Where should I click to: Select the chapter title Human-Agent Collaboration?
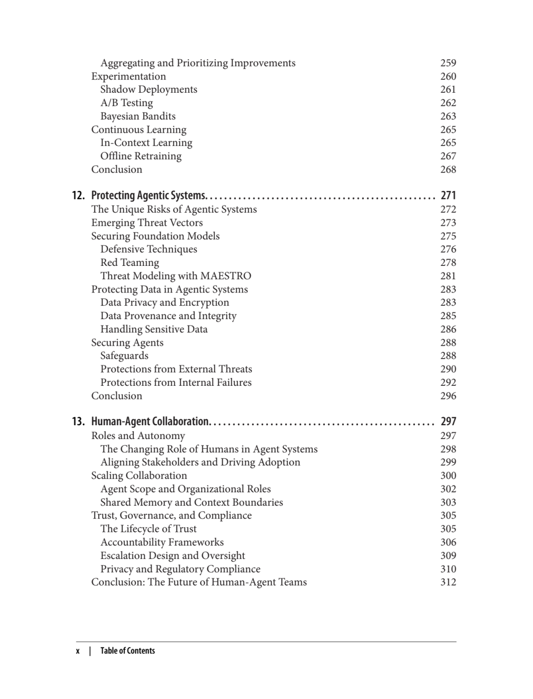point(151,422)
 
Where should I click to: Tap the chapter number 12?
point(78,196)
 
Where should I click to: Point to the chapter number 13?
point(78,422)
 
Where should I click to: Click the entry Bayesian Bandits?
point(138,116)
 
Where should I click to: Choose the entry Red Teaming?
point(130,263)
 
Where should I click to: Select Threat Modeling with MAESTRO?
point(176,276)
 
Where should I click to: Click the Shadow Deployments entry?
point(149,90)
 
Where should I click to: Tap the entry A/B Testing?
point(126,103)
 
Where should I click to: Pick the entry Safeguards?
point(124,356)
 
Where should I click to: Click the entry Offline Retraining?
point(141,156)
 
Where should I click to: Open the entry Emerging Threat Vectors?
point(147,223)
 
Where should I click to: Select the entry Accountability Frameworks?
point(162,543)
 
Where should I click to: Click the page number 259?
point(448,63)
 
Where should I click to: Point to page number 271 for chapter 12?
point(448,196)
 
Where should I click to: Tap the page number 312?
point(448,583)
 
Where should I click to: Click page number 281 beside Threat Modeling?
point(448,276)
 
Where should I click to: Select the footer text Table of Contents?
point(127,651)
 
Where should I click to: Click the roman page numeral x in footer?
point(78,651)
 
